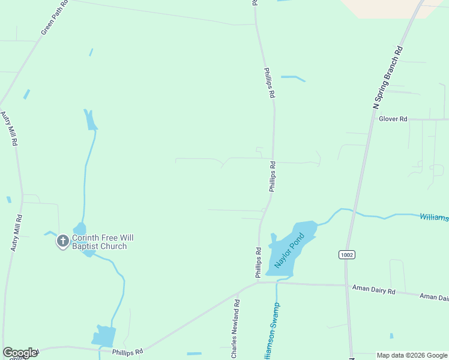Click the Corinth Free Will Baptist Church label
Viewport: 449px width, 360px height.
[x=100, y=242]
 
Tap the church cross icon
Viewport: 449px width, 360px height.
[x=62, y=242]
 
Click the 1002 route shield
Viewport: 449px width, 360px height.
[x=346, y=254]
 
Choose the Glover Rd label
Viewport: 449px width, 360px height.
[x=393, y=119]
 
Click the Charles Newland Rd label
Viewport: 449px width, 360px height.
[x=237, y=330]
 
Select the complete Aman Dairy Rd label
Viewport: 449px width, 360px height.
[x=374, y=291]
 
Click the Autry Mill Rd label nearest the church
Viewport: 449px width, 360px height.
[x=16, y=232]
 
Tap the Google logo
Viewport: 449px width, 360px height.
[x=20, y=353]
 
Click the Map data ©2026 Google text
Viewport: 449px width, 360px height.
[x=412, y=355]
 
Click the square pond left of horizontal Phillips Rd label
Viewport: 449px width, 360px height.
[x=104, y=337]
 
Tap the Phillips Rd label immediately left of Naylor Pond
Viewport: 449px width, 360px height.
[x=258, y=263]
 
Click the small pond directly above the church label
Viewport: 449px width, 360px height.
[x=80, y=229]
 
